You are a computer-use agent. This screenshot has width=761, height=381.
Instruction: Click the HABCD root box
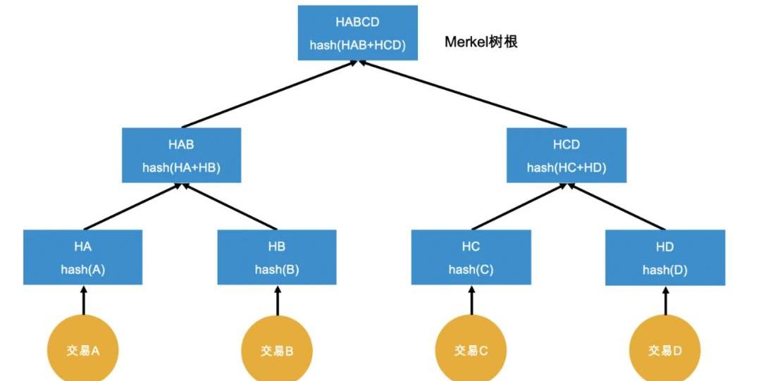(357, 33)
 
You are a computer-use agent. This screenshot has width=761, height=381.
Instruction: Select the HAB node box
(181, 156)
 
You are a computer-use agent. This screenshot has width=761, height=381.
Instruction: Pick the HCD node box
(567, 156)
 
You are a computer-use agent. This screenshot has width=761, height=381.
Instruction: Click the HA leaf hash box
(83, 258)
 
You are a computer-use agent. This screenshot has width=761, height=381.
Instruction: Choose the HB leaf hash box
(277, 258)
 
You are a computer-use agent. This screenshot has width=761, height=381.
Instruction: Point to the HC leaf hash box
(471, 258)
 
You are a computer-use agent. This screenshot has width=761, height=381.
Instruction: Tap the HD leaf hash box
(665, 258)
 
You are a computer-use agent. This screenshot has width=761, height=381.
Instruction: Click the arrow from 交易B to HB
(277, 301)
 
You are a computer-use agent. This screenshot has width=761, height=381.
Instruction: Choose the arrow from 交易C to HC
(471, 301)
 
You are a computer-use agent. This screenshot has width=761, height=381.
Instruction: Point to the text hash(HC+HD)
(567, 168)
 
